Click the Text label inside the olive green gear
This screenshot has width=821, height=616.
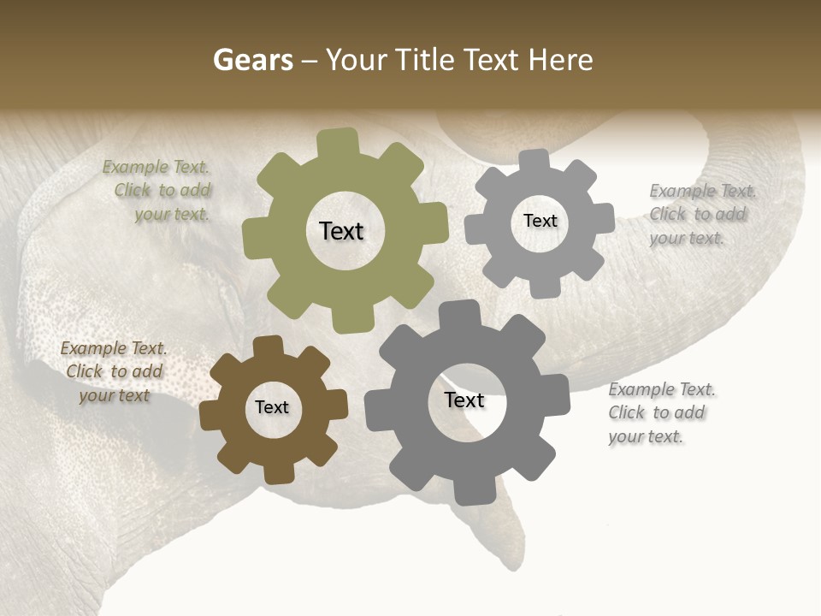(x=341, y=231)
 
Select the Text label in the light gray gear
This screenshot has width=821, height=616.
(x=540, y=221)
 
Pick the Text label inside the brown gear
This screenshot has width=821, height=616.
(x=272, y=407)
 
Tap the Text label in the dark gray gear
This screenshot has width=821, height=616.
(x=464, y=400)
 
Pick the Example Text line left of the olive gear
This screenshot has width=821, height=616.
(x=156, y=167)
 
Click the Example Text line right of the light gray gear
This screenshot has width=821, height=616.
(x=703, y=191)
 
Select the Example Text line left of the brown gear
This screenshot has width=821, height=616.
(x=114, y=348)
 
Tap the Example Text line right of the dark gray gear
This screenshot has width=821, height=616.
(x=662, y=389)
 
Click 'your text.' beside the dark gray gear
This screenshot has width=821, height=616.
(x=647, y=436)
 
